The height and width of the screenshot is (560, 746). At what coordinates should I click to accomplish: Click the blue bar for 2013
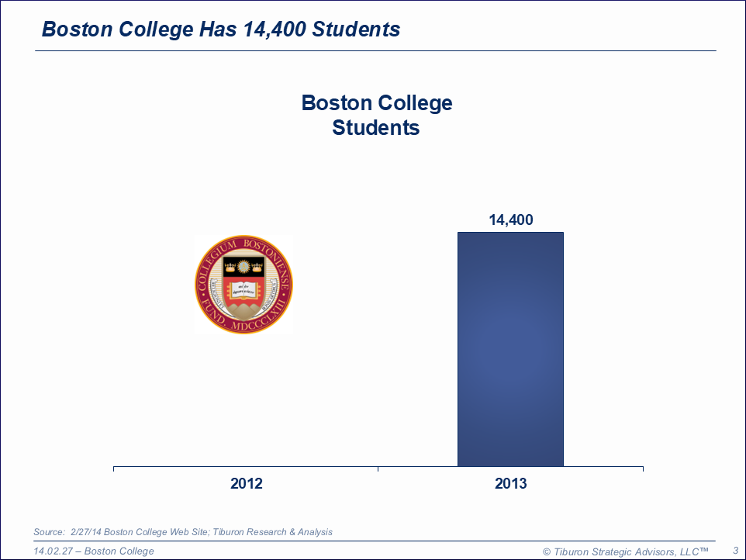[510, 349]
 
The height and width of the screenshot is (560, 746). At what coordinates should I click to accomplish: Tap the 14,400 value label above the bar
[510, 220]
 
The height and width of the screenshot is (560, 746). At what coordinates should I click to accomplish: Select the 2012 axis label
[247, 484]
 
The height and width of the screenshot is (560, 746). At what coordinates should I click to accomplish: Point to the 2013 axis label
[510, 484]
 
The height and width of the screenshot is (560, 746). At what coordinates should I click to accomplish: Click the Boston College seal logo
[244, 285]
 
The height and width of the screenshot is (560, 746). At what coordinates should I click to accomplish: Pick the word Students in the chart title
[376, 128]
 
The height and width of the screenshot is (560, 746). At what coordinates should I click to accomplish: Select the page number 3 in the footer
[734, 551]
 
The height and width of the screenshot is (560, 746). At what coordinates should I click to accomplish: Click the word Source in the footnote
[48, 532]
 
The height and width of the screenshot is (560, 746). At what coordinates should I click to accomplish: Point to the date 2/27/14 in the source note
[86, 532]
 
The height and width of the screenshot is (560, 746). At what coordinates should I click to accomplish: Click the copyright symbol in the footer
[546, 551]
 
